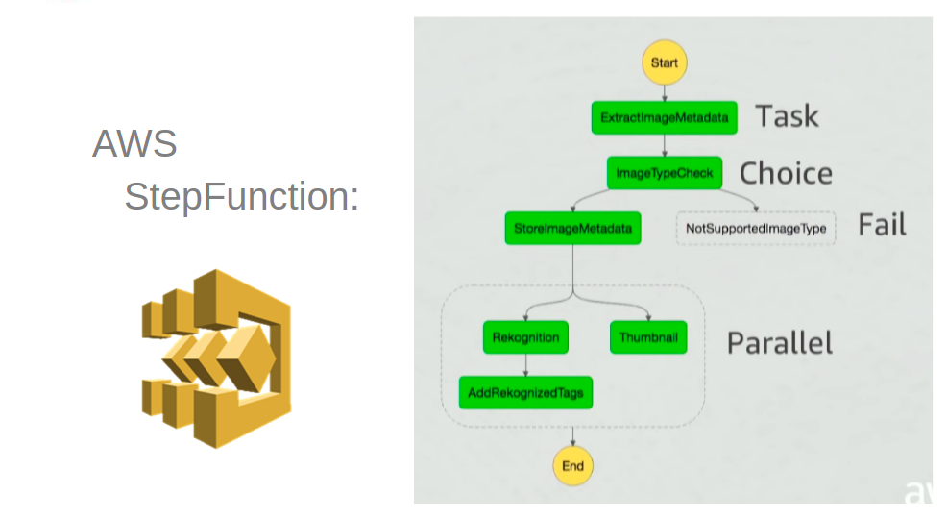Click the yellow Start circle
[664, 63]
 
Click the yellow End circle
[572, 466]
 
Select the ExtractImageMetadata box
[664, 118]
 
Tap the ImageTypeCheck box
[664, 173]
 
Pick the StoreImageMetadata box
[572, 229]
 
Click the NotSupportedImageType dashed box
[756, 229]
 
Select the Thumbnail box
[648, 337]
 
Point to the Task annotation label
[787, 116]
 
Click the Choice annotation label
[785, 173]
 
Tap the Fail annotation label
[881, 225]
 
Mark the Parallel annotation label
[779, 343]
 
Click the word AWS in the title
[134, 144]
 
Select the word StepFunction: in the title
[241, 197]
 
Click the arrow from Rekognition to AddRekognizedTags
[525, 365]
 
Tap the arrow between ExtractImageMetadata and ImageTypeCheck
[664, 146]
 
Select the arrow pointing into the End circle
[572, 437]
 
